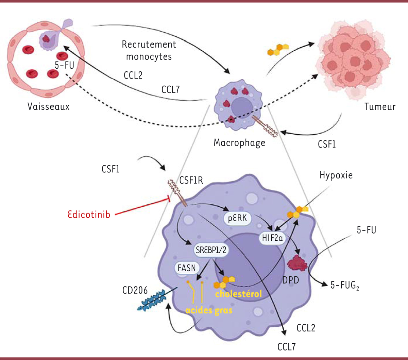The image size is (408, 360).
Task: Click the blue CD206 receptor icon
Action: point(151,299)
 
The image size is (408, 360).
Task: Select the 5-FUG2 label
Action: point(345,286)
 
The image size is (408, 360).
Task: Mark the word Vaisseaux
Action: point(48,107)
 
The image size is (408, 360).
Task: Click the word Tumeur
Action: point(380,107)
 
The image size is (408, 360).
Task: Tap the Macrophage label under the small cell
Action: point(239,142)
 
